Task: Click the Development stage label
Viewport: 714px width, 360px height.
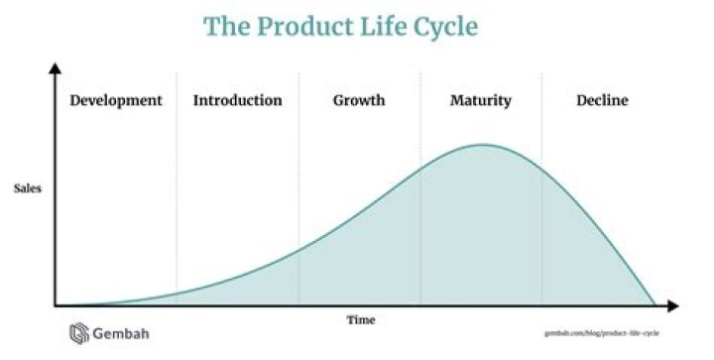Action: tap(116, 100)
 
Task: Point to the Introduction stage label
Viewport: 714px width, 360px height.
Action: tap(237, 100)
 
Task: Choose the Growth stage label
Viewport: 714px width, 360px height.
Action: tap(359, 100)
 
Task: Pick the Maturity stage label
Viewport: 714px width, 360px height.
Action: tap(481, 100)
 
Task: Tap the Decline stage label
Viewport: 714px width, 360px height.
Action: tap(602, 100)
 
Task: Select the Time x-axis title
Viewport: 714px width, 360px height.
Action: tap(360, 319)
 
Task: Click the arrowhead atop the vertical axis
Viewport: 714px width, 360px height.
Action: tap(56, 69)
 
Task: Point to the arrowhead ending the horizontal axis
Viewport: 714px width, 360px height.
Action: tap(673, 305)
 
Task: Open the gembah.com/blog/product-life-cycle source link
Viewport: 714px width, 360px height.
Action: tap(602, 334)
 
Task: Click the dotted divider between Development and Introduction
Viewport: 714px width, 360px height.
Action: tap(177, 198)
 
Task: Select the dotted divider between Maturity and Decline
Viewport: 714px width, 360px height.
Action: tap(541, 198)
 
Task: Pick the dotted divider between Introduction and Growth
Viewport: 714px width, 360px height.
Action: tap(298, 198)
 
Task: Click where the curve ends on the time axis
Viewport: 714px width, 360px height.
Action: tap(655, 304)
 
